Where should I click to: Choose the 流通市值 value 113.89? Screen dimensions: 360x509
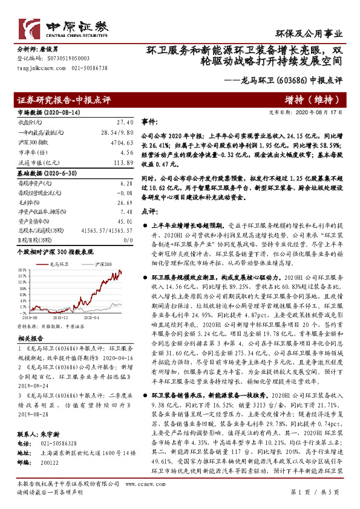click(122, 163)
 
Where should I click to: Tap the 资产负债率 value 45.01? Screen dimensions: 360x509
click(123, 222)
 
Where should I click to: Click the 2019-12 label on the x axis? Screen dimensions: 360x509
click(59, 316)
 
